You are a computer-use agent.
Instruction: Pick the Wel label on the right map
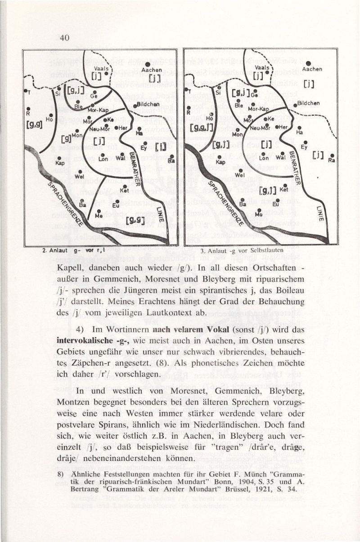(x=239, y=175)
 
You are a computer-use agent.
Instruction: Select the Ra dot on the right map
(x=332, y=156)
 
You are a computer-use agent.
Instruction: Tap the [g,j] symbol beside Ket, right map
(x=267, y=192)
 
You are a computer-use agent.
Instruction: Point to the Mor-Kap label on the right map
(x=258, y=109)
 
